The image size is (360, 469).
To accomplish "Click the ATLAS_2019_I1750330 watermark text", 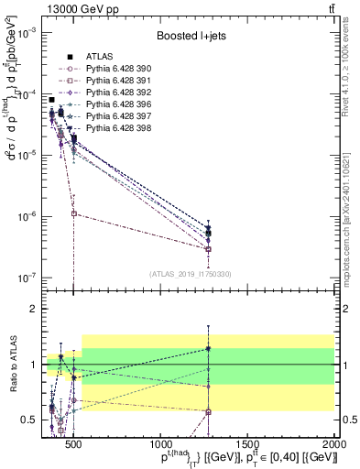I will [191, 273].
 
